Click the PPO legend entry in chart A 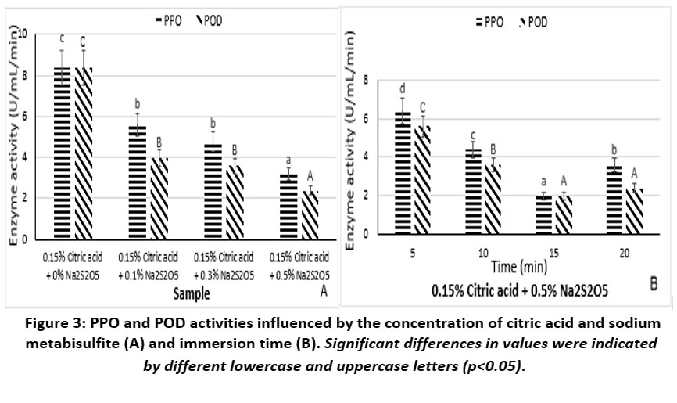pos(167,21)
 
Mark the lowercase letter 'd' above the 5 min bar pos(402,88)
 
